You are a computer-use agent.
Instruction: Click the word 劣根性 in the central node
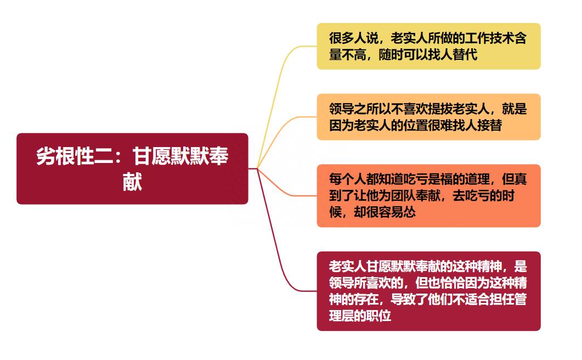click(65, 156)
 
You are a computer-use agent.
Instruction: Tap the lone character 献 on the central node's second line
click(133, 182)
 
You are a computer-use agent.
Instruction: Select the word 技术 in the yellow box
click(502, 38)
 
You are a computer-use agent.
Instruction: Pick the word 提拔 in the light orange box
click(440, 109)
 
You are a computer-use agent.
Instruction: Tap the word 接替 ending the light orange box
click(490, 125)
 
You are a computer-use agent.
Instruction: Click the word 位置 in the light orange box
click(415, 125)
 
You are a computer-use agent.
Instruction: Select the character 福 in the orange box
click(446, 179)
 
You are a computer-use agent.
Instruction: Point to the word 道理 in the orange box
click(477, 179)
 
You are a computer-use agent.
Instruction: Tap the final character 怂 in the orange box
click(409, 212)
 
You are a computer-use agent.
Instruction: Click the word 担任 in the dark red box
click(502, 300)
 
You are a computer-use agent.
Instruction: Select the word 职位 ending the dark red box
click(378, 316)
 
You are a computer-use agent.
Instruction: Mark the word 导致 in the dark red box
click(403, 300)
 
